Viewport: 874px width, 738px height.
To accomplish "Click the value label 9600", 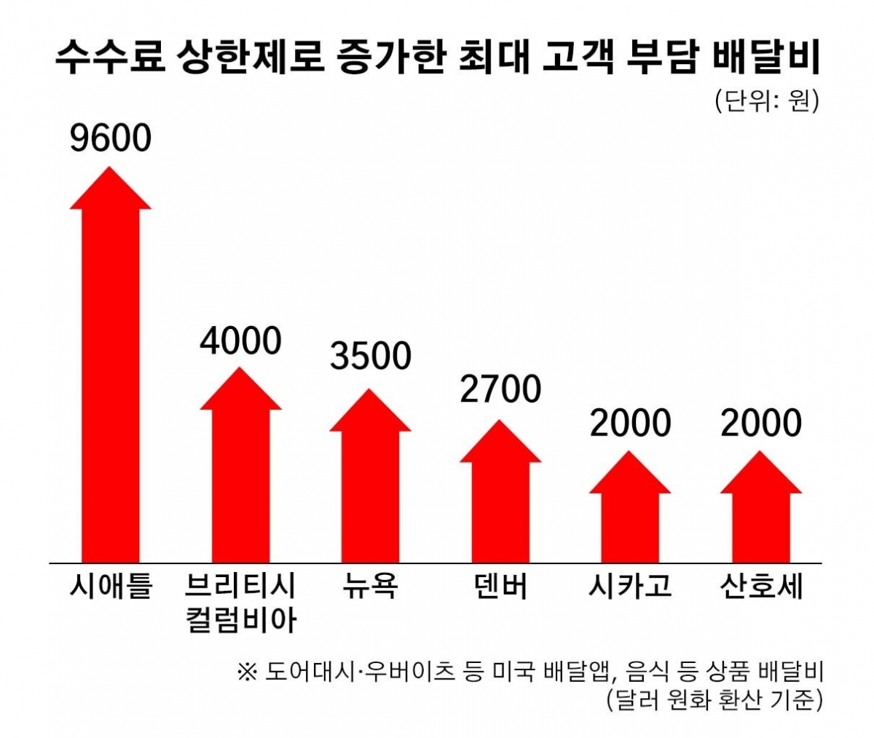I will coord(111,138).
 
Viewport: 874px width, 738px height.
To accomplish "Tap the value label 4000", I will coord(240,341).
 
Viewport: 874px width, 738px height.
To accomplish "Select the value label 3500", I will coord(370,356).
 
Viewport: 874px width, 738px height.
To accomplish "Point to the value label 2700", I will coord(500,389).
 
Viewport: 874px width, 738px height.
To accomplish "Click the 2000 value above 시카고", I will coord(630,423).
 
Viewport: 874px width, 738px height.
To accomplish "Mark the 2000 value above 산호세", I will coord(761,423).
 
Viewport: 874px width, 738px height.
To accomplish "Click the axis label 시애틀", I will coord(111,587).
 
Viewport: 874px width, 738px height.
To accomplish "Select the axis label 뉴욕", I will coord(370,587).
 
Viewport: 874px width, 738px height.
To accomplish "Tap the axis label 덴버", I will coord(500,587).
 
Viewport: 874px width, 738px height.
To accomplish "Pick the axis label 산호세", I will coord(761,587).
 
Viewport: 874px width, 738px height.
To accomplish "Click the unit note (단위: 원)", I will coord(767,101).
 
